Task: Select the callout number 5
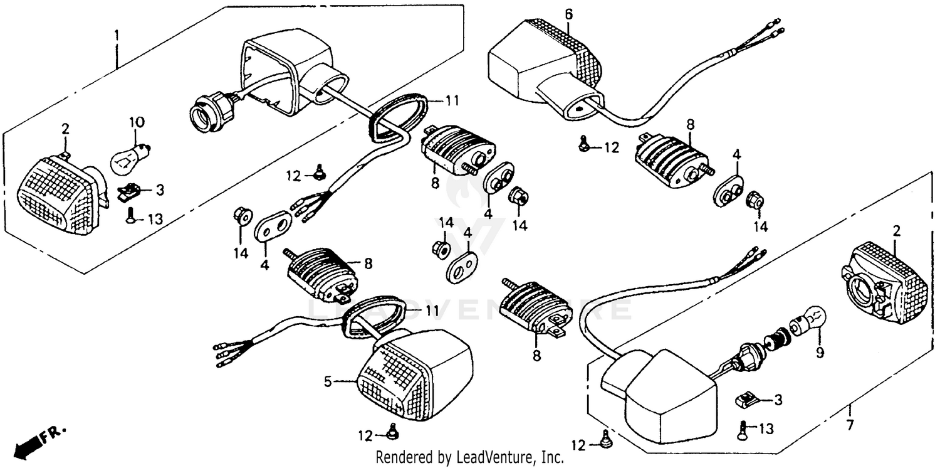click(x=326, y=381)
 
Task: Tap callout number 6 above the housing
click(x=568, y=13)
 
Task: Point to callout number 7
click(x=850, y=425)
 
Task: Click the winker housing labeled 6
click(x=545, y=63)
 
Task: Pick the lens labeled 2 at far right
click(x=877, y=282)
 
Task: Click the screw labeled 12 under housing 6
click(x=582, y=145)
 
